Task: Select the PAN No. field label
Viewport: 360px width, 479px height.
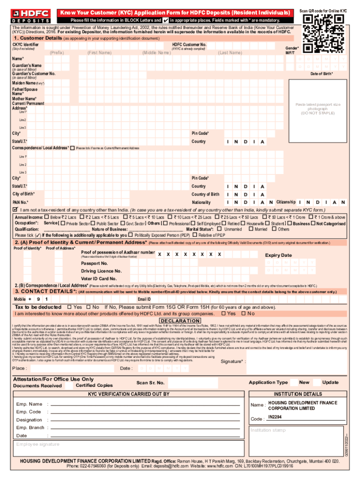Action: (20, 202)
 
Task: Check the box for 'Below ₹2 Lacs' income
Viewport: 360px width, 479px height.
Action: (47, 217)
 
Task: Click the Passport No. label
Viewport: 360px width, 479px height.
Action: (94, 263)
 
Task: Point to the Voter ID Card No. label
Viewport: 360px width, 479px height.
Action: (99, 278)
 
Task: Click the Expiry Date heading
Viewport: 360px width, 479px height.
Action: (278, 255)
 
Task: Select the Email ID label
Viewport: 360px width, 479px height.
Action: (144, 299)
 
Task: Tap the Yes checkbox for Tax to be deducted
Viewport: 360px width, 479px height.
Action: (69, 307)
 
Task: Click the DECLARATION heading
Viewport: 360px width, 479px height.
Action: (180, 320)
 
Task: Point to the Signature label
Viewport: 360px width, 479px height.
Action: (233, 362)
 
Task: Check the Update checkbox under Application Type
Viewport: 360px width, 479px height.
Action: (317, 382)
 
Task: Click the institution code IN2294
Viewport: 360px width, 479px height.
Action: (275, 417)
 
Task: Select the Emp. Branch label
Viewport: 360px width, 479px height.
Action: (30, 428)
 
